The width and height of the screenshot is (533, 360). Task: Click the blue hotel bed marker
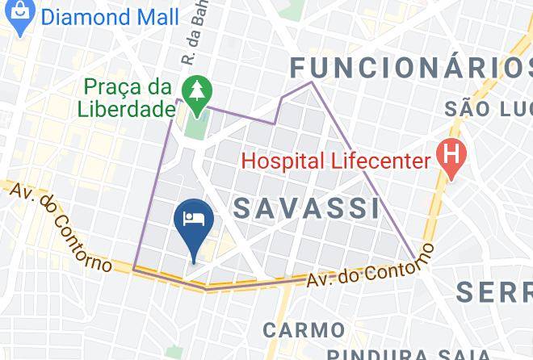click(x=194, y=219)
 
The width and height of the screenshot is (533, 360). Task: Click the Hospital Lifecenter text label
click(x=336, y=161)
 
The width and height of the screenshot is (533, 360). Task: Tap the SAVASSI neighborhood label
click(x=307, y=207)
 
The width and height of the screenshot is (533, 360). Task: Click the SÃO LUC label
click(x=485, y=108)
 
